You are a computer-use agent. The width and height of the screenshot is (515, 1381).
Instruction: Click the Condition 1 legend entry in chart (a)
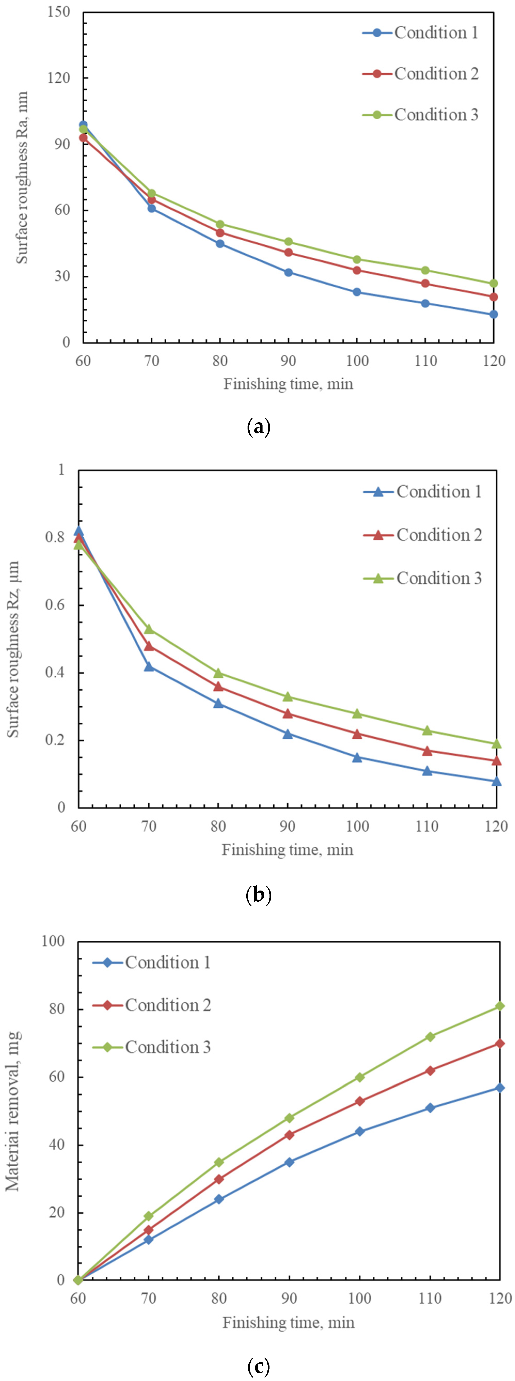tap(421, 33)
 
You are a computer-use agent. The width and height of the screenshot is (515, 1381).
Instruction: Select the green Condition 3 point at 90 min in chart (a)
tap(288, 242)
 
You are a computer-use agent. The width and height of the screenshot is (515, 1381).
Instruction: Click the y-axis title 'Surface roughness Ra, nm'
tap(21, 177)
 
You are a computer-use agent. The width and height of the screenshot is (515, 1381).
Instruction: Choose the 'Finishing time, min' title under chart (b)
tap(288, 850)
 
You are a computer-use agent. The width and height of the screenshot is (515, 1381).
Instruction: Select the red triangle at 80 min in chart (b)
tap(218, 686)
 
